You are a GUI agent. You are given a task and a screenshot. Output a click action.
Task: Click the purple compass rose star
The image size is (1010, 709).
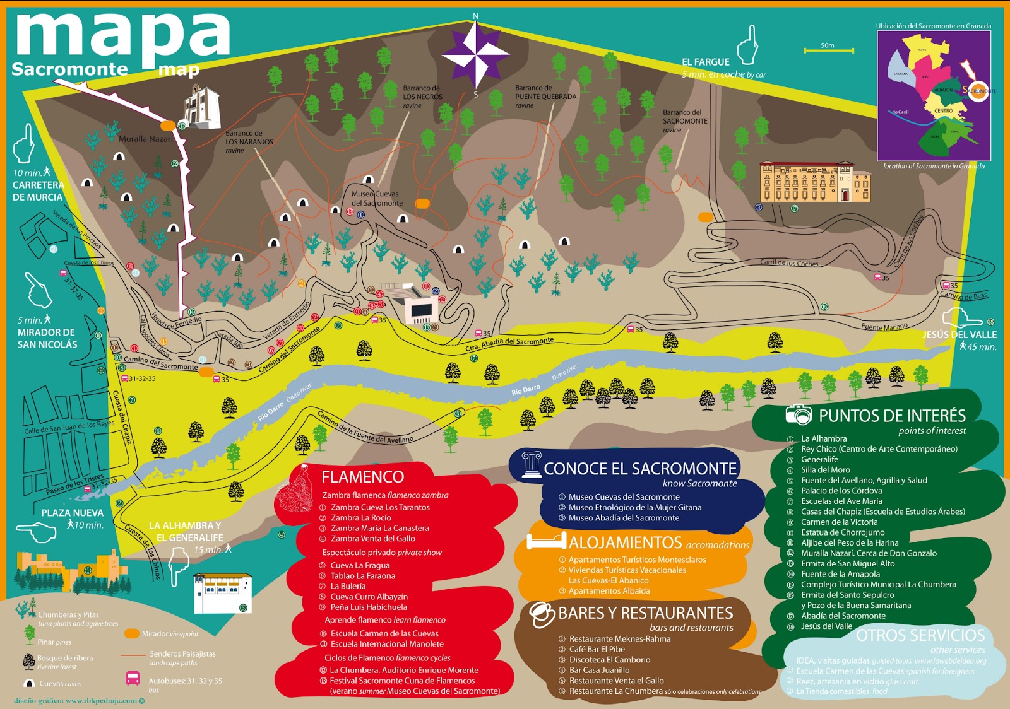pos(475,55)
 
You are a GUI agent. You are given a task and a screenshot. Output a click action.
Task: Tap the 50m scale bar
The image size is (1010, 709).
pos(828,50)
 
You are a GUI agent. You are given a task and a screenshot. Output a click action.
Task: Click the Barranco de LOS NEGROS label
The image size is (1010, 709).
pos(422,97)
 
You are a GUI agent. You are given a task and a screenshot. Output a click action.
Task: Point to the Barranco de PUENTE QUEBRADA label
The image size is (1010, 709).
pos(545,97)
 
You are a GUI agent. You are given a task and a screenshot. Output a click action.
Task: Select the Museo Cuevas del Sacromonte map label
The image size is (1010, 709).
pos(377,198)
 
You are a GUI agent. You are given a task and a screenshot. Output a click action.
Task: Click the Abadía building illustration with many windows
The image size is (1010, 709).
pos(815,182)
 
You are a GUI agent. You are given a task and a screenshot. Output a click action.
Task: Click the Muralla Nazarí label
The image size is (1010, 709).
pos(145,139)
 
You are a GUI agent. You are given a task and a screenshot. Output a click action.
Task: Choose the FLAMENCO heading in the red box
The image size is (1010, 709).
pos(362,477)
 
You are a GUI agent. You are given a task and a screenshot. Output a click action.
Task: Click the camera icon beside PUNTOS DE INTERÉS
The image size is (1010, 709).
pos(798,414)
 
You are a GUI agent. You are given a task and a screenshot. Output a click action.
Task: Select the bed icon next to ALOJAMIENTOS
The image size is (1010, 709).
pos(545,541)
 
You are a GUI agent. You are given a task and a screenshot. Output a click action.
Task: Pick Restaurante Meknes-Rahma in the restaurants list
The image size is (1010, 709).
pos(619,638)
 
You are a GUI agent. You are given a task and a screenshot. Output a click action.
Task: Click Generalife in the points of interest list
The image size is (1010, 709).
pos(819,459)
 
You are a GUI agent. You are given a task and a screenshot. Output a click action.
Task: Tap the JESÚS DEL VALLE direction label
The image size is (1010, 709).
pos(959,334)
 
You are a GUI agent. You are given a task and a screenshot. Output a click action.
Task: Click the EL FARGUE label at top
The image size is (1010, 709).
pos(705,62)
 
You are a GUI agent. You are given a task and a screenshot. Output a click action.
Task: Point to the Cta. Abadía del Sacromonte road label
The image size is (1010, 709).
pos(509,344)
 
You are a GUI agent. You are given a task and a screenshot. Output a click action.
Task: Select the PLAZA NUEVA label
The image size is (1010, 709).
pos(72,513)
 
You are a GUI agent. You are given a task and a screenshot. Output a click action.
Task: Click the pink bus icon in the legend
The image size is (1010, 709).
pos(133,679)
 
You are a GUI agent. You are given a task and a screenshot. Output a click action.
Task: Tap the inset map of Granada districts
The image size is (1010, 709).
pos(934,95)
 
